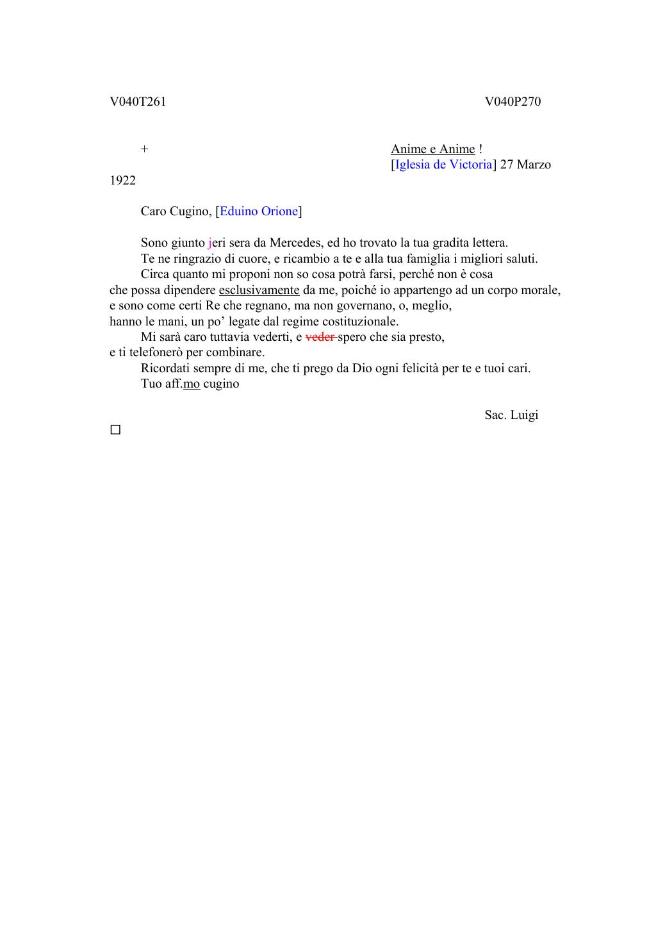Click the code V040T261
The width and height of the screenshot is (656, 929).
point(138,101)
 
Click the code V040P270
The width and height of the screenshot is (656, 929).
point(512,101)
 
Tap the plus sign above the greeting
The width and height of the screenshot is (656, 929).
point(145,149)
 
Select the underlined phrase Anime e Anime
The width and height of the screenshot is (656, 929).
point(433,149)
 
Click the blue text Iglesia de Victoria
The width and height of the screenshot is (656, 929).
point(443,164)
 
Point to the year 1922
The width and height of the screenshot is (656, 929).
point(122,180)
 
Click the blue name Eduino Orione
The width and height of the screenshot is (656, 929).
point(259,211)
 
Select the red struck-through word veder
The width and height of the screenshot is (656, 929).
point(320,336)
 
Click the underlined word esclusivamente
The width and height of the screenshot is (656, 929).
point(259,290)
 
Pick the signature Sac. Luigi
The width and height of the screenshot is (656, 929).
point(511,415)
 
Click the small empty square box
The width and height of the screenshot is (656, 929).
point(115,430)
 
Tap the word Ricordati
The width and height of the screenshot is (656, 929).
point(164,368)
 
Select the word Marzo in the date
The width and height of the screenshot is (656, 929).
point(534,164)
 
